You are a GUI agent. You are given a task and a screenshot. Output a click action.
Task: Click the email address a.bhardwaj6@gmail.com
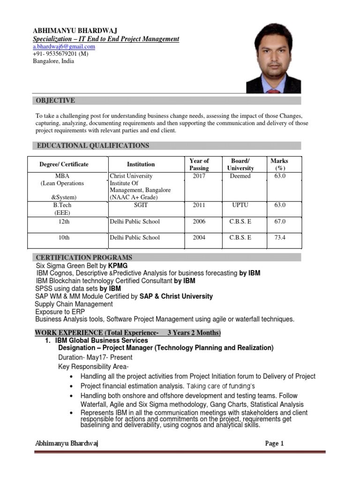[x=64, y=47]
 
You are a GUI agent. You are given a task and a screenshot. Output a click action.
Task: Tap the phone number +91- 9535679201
[x=60, y=54]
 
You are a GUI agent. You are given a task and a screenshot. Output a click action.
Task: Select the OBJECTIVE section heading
[x=55, y=101]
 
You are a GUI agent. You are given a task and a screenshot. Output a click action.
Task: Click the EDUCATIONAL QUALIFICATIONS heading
[x=92, y=146]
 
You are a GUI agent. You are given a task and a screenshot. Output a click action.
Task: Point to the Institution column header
[x=141, y=165]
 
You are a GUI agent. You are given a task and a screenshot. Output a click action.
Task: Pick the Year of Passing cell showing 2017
[x=199, y=176]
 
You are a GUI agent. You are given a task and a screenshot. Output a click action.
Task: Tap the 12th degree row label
[x=64, y=222]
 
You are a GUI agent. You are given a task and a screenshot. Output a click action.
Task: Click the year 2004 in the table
[x=199, y=238]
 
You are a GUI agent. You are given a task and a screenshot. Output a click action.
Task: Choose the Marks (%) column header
[x=279, y=165]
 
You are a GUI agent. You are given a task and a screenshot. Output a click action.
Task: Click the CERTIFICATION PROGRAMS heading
[x=84, y=257]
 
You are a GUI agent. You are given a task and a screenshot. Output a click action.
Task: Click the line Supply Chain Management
[x=74, y=304]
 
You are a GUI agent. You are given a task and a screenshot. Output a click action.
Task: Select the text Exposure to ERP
[x=60, y=312]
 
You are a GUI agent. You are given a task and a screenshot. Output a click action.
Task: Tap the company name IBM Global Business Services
[x=102, y=340]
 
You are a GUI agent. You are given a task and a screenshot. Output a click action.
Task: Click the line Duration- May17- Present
[x=96, y=357]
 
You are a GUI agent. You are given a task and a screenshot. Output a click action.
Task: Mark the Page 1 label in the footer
[x=274, y=443]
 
